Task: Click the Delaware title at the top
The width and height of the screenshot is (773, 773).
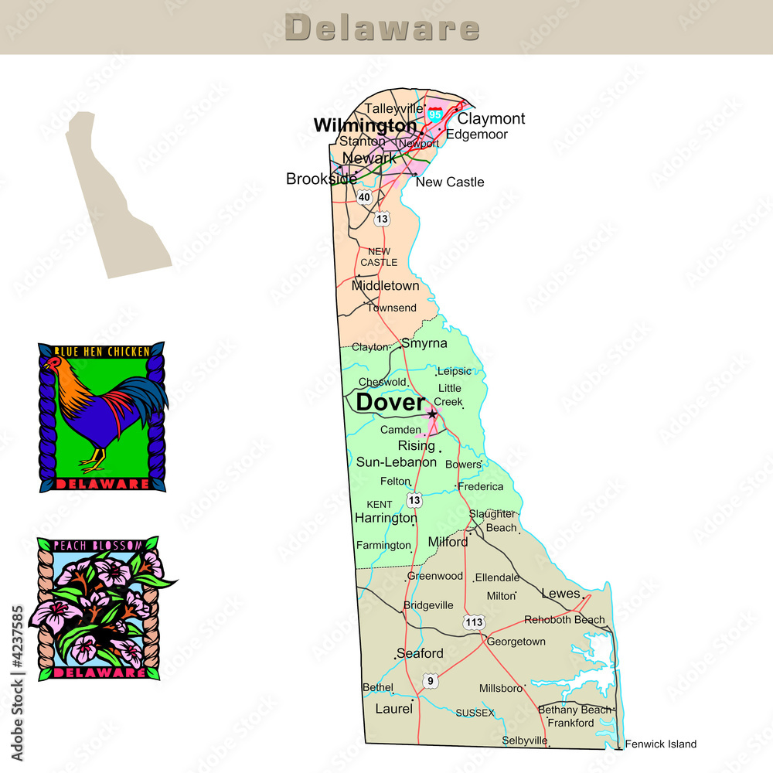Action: coord(383,28)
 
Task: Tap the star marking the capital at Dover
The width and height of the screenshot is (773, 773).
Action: coord(432,414)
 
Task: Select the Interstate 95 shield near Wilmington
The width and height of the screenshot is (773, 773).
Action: coord(435,114)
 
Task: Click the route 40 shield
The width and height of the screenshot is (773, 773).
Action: coord(364,197)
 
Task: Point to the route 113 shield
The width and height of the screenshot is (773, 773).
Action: coord(474,622)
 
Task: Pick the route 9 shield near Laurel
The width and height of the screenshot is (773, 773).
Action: coord(430,680)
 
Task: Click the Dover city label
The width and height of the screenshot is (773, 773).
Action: coord(390,403)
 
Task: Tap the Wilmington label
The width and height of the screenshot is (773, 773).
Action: coord(365,125)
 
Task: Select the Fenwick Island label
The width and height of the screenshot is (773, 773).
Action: coord(660,744)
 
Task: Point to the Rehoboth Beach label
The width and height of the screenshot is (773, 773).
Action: coord(564,620)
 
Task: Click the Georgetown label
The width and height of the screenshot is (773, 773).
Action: coord(516,642)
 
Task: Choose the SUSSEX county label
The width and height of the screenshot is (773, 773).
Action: coord(475,713)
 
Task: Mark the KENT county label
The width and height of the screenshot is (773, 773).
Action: coord(379,505)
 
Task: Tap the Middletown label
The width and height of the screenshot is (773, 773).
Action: coord(385,286)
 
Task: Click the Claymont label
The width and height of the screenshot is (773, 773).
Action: coord(491,119)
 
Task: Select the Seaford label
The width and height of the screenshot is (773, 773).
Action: coord(420,654)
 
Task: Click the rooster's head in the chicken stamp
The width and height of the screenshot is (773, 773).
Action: coord(54,364)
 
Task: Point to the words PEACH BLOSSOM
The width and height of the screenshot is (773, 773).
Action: coord(98,546)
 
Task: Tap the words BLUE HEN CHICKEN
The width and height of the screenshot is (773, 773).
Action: coord(101,352)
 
